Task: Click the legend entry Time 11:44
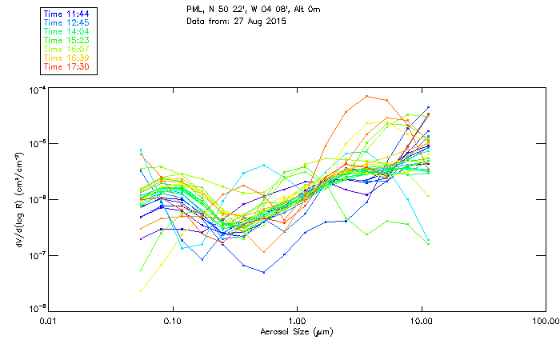68,14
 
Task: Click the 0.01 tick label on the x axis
49,320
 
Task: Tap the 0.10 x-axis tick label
173,320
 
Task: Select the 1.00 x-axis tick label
297,320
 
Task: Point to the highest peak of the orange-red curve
366,96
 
